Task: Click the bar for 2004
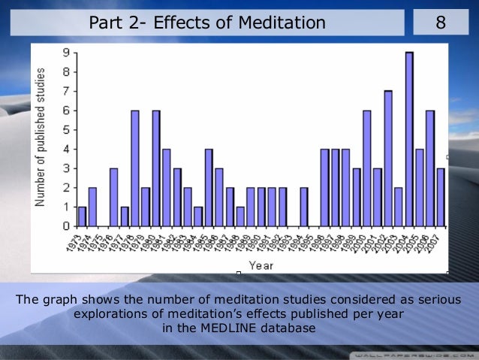409,139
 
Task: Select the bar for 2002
388,159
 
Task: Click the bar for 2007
440,197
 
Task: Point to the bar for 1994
303,207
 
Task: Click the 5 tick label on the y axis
67,129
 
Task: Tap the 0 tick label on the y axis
67,225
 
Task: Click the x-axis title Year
261,265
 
